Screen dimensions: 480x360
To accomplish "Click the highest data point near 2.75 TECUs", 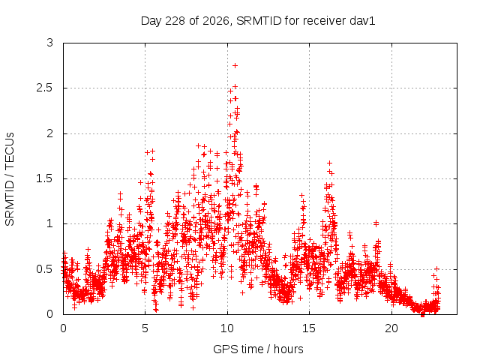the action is [x=235, y=65].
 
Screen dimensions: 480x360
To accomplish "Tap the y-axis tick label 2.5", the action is [x=45, y=88].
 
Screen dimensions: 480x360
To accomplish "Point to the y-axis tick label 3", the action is [x=50, y=43].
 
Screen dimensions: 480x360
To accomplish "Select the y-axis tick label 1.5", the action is [x=45, y=178].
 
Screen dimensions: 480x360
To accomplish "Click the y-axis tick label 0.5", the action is [x=45, y=269].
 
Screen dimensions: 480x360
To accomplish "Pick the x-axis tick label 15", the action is [x=309, y=328].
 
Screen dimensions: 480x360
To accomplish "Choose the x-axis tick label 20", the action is [x=391, y=328].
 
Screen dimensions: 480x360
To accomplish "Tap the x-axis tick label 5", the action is [x=145, y=328].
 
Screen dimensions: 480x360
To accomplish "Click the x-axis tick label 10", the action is [x=227, y=328].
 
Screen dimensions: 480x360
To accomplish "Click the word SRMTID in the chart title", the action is [x=259, y=21].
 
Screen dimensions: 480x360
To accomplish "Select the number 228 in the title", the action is [x=175, y=21].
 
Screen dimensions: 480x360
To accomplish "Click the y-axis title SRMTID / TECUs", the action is [x=10, y=179].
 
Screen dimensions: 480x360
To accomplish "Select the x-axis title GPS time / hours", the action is [x=258, y=349].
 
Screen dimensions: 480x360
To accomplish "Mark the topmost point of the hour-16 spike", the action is [x=329, y=163].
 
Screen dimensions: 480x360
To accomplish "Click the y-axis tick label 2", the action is [x=50, y=133].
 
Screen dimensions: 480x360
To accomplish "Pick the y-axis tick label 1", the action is [x=50, y=223].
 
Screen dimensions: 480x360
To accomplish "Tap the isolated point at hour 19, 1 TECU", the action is [x=376, y=223].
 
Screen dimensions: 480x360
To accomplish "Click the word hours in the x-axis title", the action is [x=288, y=349].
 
